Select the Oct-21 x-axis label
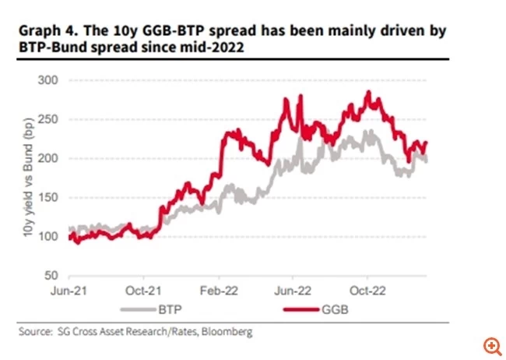145,295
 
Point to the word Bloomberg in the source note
226,333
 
